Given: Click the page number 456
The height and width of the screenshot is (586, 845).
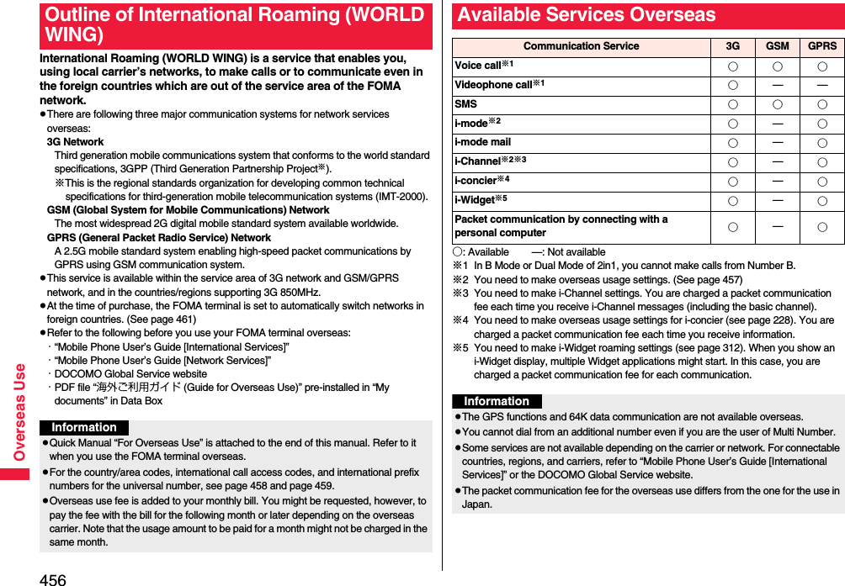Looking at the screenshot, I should point(52,578).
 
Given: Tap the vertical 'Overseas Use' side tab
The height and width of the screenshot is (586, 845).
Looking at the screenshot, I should point(19,412).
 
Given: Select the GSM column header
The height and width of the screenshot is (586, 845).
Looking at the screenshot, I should point(777,46).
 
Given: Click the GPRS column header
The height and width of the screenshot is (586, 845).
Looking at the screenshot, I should point(821,46).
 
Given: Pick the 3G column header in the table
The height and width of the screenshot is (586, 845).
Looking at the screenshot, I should point(733,46).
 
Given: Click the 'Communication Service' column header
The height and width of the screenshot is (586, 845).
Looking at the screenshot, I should point(581,46).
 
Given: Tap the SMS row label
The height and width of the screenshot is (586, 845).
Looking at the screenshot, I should point(465,104).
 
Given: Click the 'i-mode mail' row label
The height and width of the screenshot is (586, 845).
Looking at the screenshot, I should point(482,142).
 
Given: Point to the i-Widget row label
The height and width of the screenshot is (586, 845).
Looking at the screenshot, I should point(481,200).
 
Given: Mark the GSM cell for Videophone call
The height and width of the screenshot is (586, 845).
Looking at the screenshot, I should point(777,86).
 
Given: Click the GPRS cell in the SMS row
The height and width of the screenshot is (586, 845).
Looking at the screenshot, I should point(821,105).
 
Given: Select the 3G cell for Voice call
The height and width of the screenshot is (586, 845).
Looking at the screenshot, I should point(733,66).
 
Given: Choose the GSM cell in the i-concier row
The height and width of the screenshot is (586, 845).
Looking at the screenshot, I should point(777,182).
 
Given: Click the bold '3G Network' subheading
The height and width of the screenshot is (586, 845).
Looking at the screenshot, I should point(75,142).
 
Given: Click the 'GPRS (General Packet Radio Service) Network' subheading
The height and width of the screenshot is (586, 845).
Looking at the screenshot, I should point(158,237).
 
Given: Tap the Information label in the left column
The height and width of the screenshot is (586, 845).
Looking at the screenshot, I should point(84,427).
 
